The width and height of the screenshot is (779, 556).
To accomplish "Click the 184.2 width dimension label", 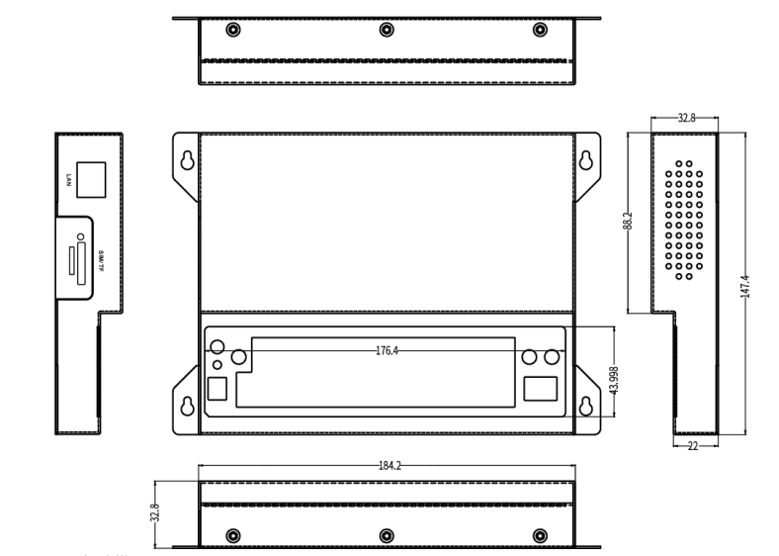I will pos(389,464).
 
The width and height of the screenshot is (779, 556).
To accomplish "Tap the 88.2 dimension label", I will pos(628,222).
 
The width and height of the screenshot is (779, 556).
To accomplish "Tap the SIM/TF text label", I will pos(102,261).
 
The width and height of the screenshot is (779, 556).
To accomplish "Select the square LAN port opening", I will pos(91,179).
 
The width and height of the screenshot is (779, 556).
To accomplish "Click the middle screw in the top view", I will pos(386,29).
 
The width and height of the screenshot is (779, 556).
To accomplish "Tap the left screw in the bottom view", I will pos(231,535).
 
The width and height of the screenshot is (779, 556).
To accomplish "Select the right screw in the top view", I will pos(540,29).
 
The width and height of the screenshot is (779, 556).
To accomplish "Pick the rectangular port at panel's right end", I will pos(541,388).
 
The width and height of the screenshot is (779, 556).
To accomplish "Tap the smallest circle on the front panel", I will pos(218,366).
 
